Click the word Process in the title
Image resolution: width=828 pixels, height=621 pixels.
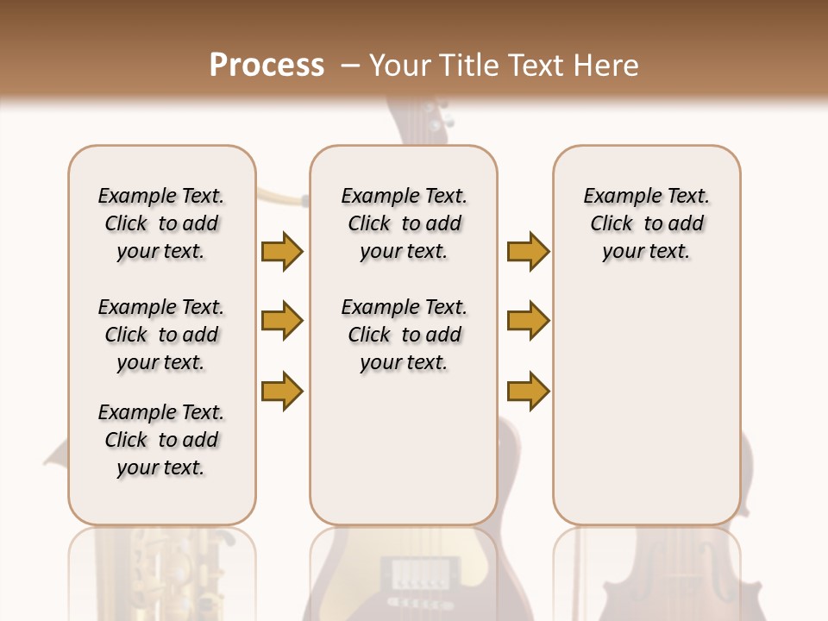pos(267,66)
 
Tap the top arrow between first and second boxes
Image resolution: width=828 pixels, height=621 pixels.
pos(282,252)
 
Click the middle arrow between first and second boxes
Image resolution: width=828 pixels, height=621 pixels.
pos(282,322)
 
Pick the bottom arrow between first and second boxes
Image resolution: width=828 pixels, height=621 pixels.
pos(282,391)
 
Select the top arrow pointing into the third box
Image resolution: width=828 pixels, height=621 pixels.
pos(528,252)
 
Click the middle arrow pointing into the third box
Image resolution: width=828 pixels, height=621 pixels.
pos(528,322)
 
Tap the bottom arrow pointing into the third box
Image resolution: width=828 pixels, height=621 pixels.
pos(528,391)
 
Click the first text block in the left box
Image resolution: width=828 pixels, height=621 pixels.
pos(161,223)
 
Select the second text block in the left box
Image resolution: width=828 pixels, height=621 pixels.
pos(161,335)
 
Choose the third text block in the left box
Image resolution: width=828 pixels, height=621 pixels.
pos(161,440)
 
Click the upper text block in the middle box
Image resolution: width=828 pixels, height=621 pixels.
pos(405,223)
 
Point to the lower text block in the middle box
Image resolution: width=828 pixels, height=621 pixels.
pos(405,335)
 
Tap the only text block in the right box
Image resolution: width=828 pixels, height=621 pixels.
pos(647,223)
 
